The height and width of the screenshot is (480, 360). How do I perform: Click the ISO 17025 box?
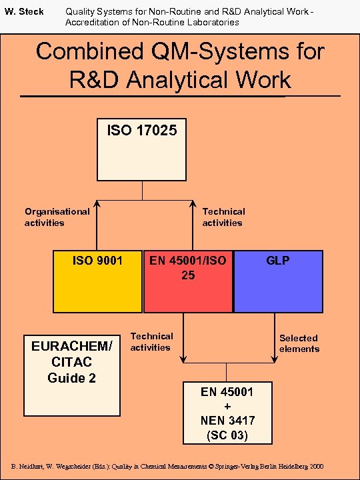[x=142, y=150]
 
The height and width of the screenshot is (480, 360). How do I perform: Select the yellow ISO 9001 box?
[x=97, y=281]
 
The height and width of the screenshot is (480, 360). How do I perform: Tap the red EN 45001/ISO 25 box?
[x=188, y=281]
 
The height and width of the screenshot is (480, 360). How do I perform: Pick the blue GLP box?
[x=278, y=281]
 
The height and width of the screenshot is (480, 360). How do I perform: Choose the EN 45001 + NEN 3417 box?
[x=227, y=413]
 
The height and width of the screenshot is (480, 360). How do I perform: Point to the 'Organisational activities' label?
[x=57, y=217]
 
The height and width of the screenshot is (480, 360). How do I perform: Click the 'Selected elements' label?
[x=299, y=343]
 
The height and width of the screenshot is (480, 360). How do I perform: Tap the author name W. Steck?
[x=25, y=12]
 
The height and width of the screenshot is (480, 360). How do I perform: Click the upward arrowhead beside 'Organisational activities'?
[x=97, y=204]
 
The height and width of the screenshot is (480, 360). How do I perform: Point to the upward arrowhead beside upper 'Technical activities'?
[x=192, y=204]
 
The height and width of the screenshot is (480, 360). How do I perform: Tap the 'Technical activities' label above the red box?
[x=223, y=217]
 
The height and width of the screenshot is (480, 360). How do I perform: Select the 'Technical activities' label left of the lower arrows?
[x=151, y=341]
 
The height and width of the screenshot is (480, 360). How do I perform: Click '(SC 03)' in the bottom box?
[x=227, y=435]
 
